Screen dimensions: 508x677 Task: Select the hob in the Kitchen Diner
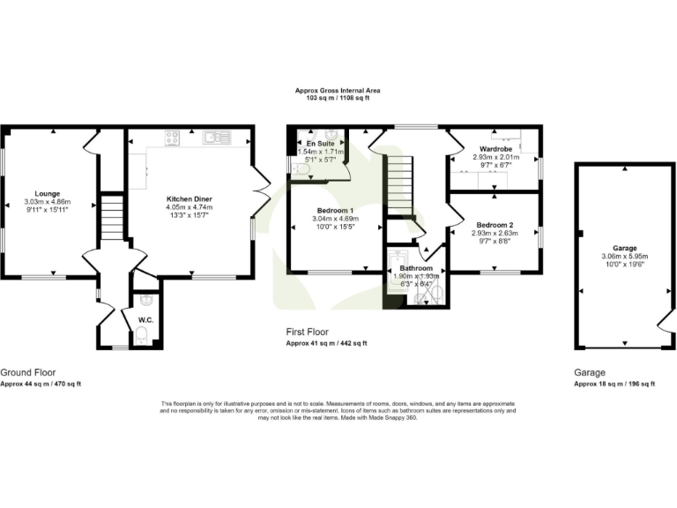pos(173,137)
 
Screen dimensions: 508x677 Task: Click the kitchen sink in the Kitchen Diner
pos(212,137)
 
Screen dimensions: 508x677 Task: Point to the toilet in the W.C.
pos(142,335)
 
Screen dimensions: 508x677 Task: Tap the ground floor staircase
pos(111,218)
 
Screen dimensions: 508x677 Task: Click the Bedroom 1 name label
pos(325,211)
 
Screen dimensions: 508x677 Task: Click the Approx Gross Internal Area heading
pos(338,90)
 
